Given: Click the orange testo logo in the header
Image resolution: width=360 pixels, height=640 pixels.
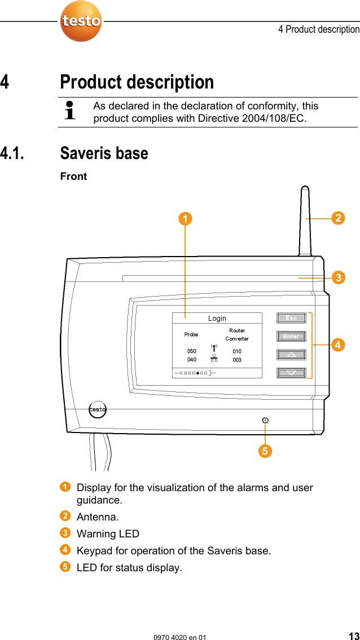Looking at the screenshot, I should pyautogui.click(x=81, y=21).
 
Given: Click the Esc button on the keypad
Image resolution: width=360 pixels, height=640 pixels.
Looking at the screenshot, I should pyautogui.click(x=291, y=318).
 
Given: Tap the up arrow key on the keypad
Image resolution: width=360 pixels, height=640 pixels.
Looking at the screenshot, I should pyautogui.click(x=291, y=355).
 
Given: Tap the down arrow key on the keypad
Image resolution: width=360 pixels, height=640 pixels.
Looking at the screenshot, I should pyautogui.click(x=291, y=373).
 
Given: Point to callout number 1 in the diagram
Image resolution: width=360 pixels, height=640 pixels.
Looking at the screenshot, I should pyautogui.click(x=185, y=218).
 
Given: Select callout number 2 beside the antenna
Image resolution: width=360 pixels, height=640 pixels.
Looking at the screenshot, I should pyautogui.click(x=337, y=218).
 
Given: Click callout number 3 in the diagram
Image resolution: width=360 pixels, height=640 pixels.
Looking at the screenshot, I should pyautogui.click(x=337, y=277).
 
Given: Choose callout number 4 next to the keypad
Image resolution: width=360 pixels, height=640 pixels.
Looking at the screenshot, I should pyautogui.click(x=337, y=345).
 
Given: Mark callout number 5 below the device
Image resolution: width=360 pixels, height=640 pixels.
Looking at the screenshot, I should pyautogui.click(x=265, y=451).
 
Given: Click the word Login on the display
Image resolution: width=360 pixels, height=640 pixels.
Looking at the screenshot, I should pyautogui.click(x=217, y=319).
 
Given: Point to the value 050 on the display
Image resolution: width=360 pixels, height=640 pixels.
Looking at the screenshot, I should pyautogui.click(x=192, y=351).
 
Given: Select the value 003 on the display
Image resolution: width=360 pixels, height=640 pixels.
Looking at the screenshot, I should pyautogui.click(x=237, y=360).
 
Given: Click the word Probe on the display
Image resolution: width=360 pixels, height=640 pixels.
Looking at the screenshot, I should pyautogui.click(x=191, y=334).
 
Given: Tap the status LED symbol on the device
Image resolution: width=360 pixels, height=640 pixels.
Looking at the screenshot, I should pyautogui.click(x=265, y=420).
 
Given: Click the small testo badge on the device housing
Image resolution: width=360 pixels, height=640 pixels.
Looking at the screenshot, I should pyautogui.click(x=98, y=409).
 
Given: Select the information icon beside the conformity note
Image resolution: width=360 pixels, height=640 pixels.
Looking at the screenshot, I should pyautogui.click(x=71, y=111).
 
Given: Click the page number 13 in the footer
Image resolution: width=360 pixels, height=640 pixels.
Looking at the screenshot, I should pyautogui.click(x=353, y=636).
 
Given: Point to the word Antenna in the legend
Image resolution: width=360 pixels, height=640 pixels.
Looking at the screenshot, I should pyautogui.click(x=97, y=517).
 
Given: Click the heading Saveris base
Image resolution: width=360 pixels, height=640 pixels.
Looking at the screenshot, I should pyautogui.click(x=104, y=153).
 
